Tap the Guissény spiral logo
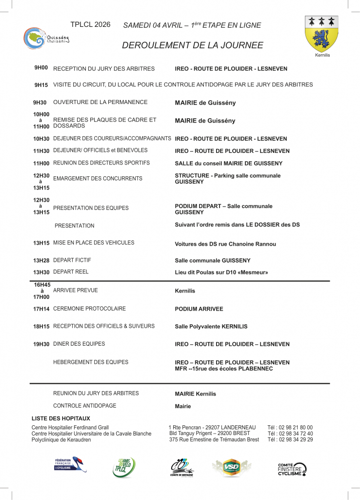[x=34, y=39]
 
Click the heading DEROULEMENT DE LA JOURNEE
[x=192, y=45]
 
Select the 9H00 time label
[x=41, y=68]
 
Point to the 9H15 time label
[x=41, y=85]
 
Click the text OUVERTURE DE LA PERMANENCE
[x=100, y=103]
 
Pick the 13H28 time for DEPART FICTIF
[x=41, y=260]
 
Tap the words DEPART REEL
[x=71, y=272]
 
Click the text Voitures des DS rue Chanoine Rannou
[x=225, y=244]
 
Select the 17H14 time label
[x=41, y=309]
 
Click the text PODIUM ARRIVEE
[x=199, y=309]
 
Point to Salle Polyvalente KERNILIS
[x=211, y=327]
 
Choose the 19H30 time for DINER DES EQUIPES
[x=41, y=344]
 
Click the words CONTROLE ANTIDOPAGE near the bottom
[x=84, y=406]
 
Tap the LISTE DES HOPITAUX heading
[x=61, y=418]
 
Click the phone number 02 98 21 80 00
[x=290, y=427]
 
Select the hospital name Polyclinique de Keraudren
[x=61, y=440]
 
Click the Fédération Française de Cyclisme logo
[x=70, y=464]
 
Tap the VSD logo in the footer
[x=232, y=468]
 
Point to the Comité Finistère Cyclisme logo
[x=292, y=469]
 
